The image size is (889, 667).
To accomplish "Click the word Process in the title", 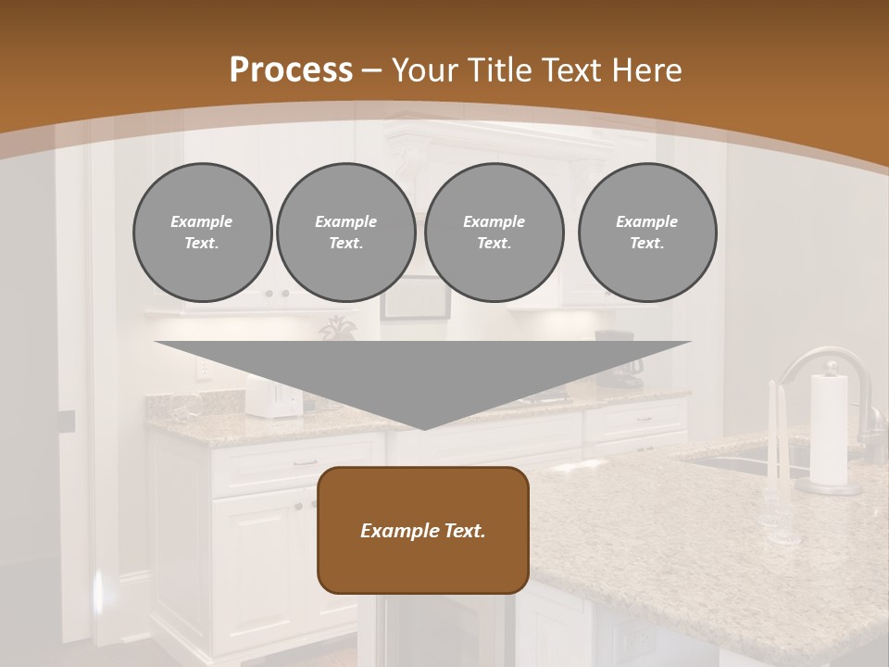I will coord(291,69).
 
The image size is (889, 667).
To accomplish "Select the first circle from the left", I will coord(202,233).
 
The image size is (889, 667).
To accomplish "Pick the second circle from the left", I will coord(345,233).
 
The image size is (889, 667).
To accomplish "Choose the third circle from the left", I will coord(494,233).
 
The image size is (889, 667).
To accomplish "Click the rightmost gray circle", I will coord(646,233).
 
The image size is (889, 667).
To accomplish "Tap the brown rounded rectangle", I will coord(423,530).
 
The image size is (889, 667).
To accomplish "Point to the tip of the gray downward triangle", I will coord(424,427).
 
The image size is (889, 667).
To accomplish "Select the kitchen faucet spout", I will coord(806,361).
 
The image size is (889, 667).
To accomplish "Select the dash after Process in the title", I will coord(372,70).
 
